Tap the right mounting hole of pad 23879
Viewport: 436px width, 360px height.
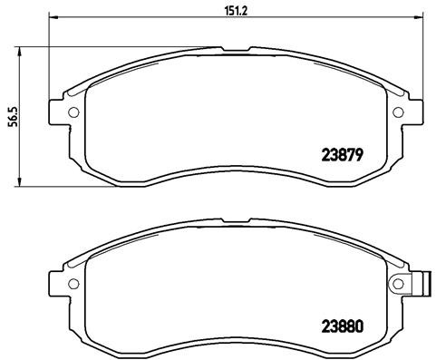click(x=396, y=112)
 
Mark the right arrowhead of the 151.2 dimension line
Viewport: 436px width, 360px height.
click(x=416, y=18)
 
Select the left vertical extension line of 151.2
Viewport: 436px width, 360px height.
click(x=47, y=54)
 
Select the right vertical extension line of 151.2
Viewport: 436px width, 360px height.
click(x=420, y=54)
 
